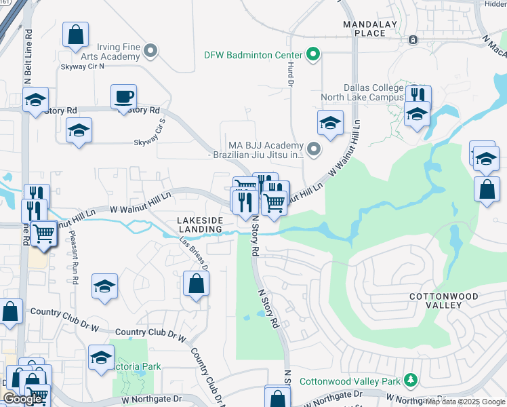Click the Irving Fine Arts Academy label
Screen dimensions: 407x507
point(118,52)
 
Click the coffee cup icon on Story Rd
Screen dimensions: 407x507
point(123,96)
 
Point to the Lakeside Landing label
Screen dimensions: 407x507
point(200,225)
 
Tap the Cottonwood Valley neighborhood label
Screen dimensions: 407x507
point(444,301)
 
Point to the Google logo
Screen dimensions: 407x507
point(23,399)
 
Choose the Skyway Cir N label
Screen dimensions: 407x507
point(83,66)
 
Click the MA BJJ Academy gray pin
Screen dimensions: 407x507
point(312,149)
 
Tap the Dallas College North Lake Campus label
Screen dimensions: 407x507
point(373,92)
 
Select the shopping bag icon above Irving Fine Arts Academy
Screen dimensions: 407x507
point(76,34)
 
